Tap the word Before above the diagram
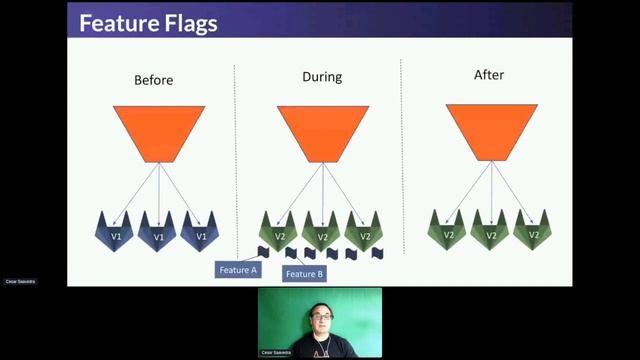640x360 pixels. click(154, 80)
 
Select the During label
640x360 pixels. click(322, 77)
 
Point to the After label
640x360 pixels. click(490, 75)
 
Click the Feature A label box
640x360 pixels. click(238, 270)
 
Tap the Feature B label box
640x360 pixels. click(305, 274)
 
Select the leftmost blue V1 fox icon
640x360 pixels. click(115, 232)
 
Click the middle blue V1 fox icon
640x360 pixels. click(158, 232)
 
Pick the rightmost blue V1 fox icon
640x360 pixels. click(201, 232)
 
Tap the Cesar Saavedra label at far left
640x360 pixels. click(20, 282)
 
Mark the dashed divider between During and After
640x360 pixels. click(402, 160)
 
